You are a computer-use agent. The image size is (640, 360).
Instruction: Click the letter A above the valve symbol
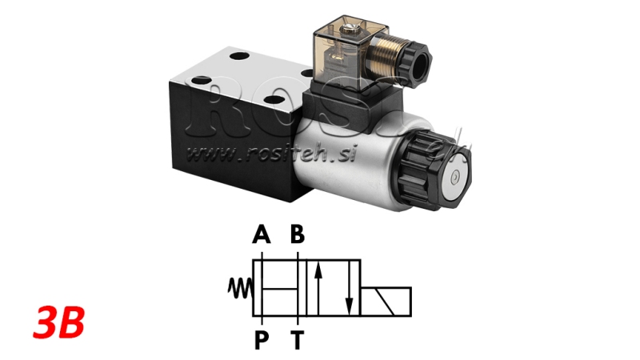pyautogui.click(x=260, y=234)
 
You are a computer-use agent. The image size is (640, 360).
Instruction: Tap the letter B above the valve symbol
pyautogui.click(x=298, y=234)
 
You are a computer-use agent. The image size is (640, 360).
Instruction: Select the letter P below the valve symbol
pyautogui.click(x=260, y=341)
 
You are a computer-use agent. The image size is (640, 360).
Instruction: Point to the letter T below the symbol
pyautogui.click(x=298, y=341)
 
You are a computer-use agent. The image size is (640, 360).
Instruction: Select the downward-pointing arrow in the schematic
pyautogui.click(x=348, y=291)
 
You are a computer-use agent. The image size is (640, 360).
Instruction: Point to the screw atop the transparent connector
pyautogui.click(x=350, y=31)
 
